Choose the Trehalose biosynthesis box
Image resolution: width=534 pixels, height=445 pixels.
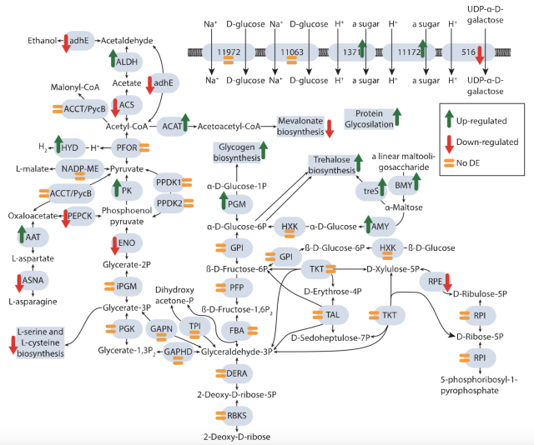(333, 164)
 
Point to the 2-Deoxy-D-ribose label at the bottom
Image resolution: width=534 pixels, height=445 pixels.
(236, 436)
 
